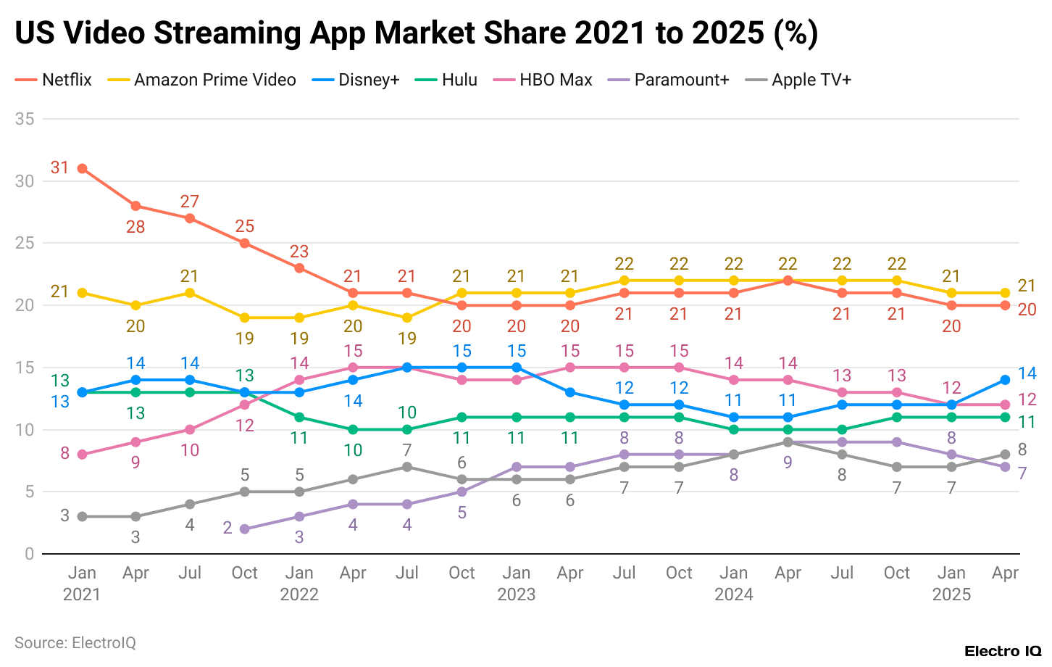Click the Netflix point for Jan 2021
click(x=82, y=168)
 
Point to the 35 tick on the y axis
click(x=25, y=119)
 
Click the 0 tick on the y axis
click(x=29, y=554)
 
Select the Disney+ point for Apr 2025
click(x=1005, y=380)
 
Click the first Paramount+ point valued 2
click(x=244, y=529)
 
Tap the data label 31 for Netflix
click(x=59, y=167)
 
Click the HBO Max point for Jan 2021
click(x=82, y=455)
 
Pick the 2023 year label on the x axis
click(x=516, y=594)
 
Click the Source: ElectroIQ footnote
click(x=75, y=643)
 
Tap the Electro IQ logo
click(x=1003, y=651)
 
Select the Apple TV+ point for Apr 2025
click(x=1005, y=455)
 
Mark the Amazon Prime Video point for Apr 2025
click(x=1005, y=293)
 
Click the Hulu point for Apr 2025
click(x=1005, y=417)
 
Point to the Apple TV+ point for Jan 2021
click(x=82, y=516)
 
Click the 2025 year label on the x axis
click(x=951, y=594)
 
